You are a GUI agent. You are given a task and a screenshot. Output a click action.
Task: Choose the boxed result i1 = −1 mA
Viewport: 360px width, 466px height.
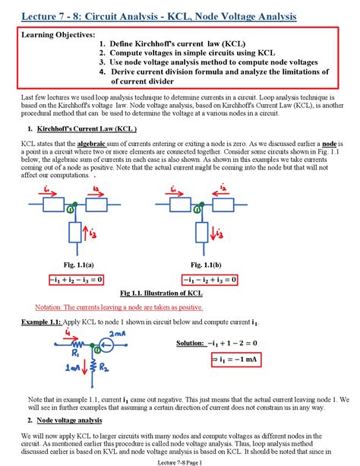(x=235, y=360)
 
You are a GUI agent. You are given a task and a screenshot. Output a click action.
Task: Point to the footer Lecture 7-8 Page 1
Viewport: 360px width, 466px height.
(x=179, y=461)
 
